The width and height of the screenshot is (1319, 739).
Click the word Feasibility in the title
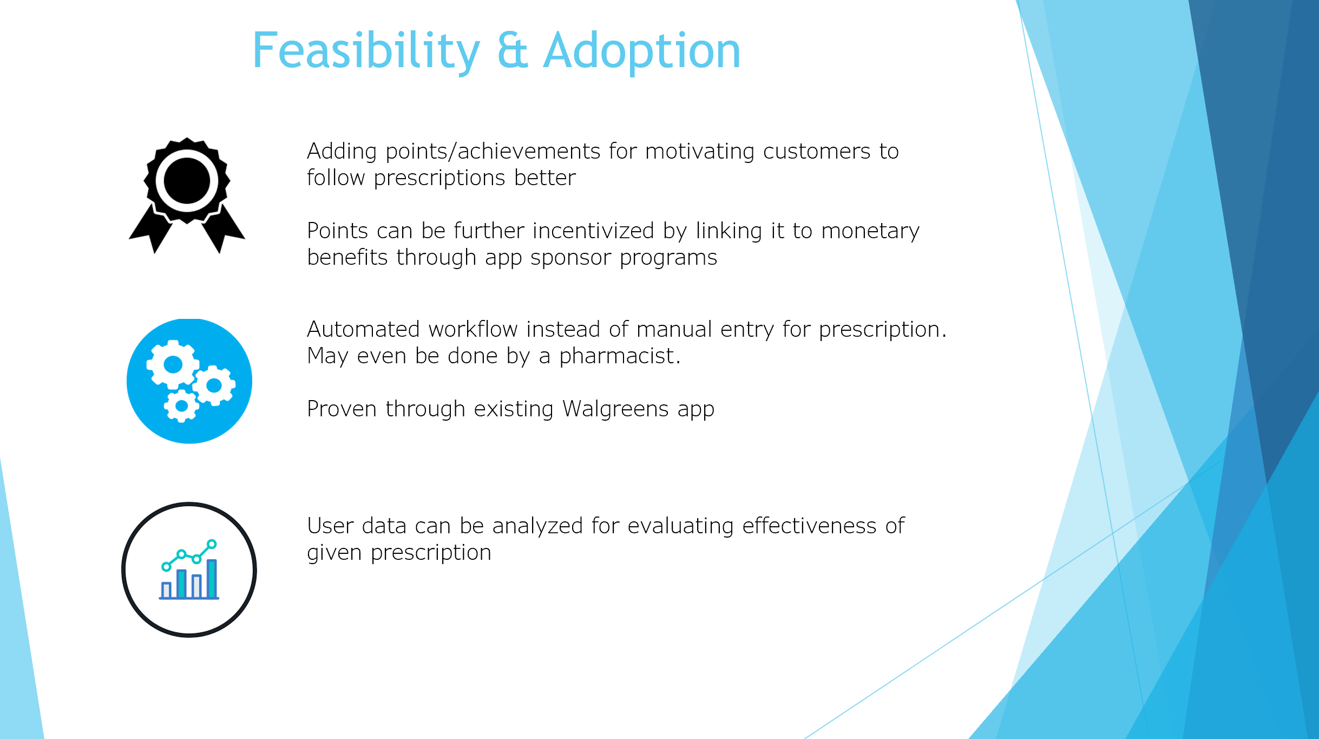tap(366, 51)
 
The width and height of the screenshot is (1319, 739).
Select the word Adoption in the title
tap(642, 51)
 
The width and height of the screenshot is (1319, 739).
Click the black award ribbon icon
tap(187, 195)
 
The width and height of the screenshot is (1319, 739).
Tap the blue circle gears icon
tap(189, 381)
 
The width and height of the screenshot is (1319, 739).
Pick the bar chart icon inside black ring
tap(189, 570)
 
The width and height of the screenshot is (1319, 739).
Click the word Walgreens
tap(615, 409)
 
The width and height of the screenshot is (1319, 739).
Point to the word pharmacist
tap(620, 356)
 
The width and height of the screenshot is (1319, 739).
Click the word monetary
tap(870, 231)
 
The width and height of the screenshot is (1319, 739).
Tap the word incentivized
tap(594, 231)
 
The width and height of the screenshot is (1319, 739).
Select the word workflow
tap(473, 329)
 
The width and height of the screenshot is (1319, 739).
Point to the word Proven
tap(342, 409)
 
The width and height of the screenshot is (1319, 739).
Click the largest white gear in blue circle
tap(173, 364)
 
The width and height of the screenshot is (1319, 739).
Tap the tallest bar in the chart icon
tap(212, 578)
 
